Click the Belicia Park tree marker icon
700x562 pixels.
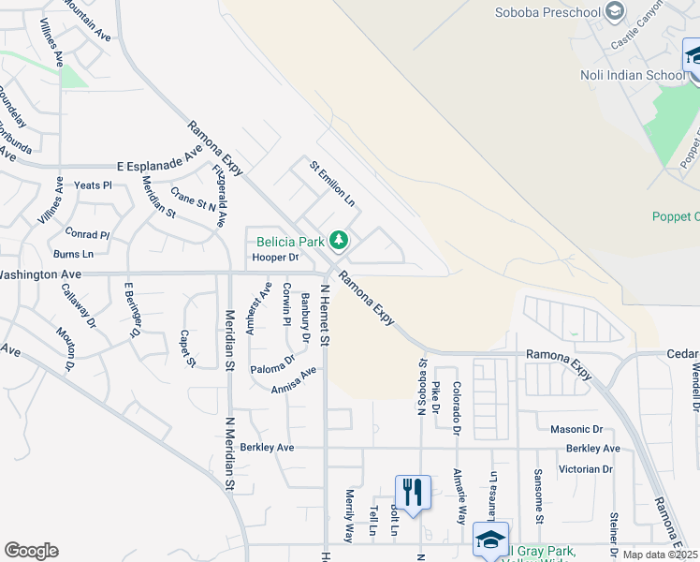tap(339, 242)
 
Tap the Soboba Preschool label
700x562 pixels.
tap(549, 12)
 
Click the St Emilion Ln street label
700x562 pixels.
tap(333, 184)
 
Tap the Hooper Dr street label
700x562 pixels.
tap(276, 257)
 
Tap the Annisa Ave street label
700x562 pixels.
tap(294, 381)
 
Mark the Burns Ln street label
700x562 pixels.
tap(74, 254)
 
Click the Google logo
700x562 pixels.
tap(31, 551)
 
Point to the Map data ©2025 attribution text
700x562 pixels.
tap(661, 555)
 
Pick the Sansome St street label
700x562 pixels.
tap(539, 496)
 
